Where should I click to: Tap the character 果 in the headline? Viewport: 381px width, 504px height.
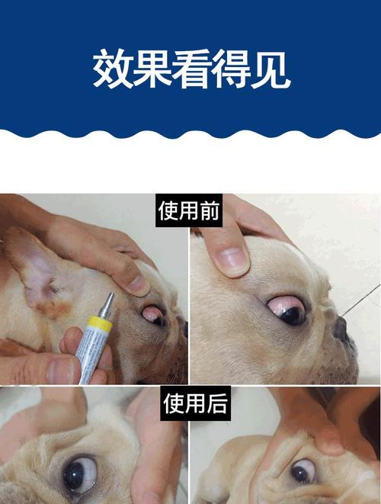click(x=152, y=69)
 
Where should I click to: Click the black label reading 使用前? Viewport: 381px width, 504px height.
click(x=189, y=210)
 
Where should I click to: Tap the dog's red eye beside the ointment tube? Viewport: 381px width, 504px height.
click(x=152, y=313)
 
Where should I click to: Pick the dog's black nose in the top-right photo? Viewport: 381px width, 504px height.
click(x=341, y=329)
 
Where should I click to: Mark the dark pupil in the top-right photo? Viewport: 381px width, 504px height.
click(x=293, y=315)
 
